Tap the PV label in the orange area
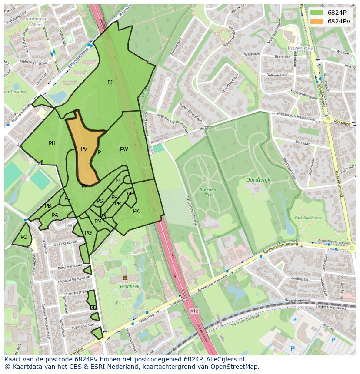pyautogui.click(x=84, y=149)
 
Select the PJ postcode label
pyautogui.click(x=110, y=83)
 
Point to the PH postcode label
pyautogui.click(x=52, y=143)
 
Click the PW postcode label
pyautogui.click(x=124, y=149)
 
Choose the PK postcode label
pyautogui.click(x=136, y=211)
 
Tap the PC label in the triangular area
pyautogui.click(x=23, y=237)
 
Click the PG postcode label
pyautogui.click(x=88, y=233)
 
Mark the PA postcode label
pyautogui.click(x=55, y=215)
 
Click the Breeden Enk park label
pyautogui.click(x=208, y=192)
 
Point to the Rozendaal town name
pyautogui.click(x=301, y=48)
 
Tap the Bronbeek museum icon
pyautogui.click(x=125, y=278)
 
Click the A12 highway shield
pyautogui.click(x=194, y=311)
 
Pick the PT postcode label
pyautogui.click(x=118, y=181)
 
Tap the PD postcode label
pyautogui.click(x=93, y=308)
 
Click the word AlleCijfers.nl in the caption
pyautogui.click(x=224, y=359)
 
